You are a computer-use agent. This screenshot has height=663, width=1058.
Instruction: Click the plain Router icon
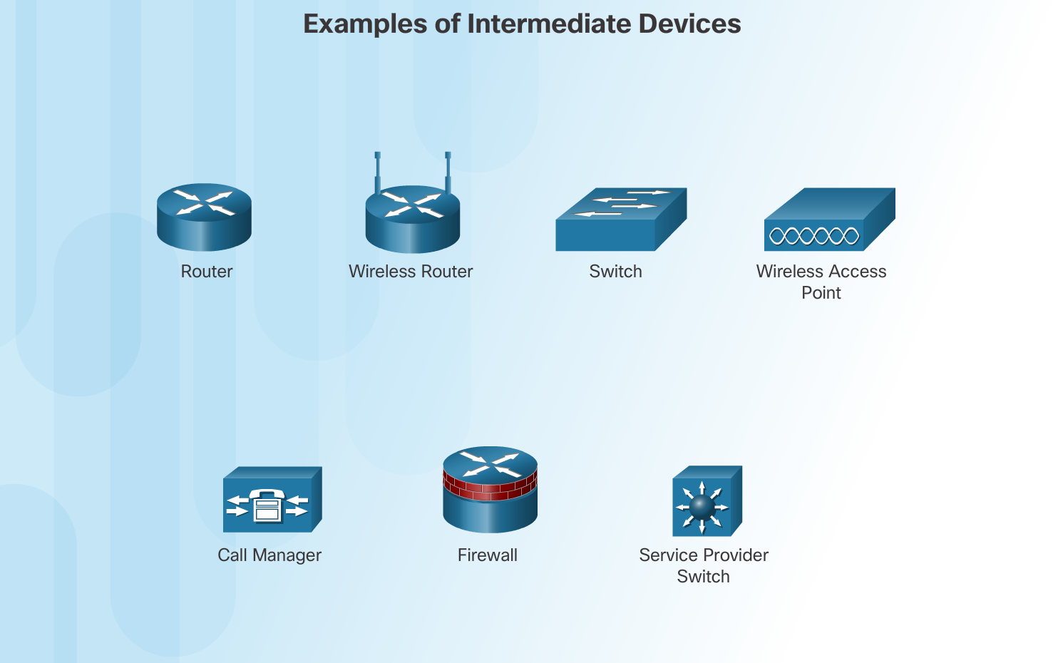(204, 217)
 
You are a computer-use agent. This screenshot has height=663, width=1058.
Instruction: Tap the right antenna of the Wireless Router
(448, 171)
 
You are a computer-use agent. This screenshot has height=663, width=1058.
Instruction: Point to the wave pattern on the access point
(813, 236)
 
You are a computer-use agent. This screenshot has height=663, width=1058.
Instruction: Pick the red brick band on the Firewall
(490, 488)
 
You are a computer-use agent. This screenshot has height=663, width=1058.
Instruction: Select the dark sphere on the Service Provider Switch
(702, 507)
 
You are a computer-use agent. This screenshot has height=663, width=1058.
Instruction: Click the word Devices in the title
(689, 24)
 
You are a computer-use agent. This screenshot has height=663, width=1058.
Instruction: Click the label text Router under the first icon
(207, 272)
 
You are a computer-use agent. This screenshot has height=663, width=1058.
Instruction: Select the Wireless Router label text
(411, 272)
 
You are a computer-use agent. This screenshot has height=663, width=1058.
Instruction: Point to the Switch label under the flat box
(615, 272)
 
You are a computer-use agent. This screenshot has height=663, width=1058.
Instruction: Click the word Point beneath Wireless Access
(821, 293)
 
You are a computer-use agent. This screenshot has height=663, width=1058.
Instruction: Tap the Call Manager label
(269, 555)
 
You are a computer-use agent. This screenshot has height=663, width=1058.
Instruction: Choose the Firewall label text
(488, 555)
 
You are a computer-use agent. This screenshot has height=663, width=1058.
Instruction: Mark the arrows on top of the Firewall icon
(491, 463)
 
